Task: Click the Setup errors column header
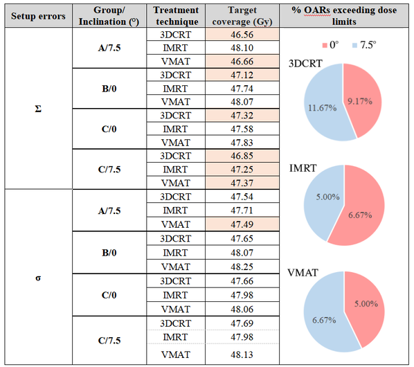(x=38, y=16)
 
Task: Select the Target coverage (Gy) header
(x=242, y=16)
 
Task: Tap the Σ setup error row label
(x=38, y=109)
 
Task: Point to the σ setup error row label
(x=38, y=278)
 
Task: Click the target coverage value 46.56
(x=242, y=35)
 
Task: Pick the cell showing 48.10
(x=242, y=48)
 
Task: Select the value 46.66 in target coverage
(x=242, y=62)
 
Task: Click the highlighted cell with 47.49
(x=242, y=224)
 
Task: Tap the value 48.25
(x=242, y=267)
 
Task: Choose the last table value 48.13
(x=242, y=355)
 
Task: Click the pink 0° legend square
(x=325, y=46)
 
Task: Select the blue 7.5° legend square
(x=355, y=46)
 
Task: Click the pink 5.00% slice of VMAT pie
(x=366, y=303)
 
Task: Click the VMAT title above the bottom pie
(x=303, y=273)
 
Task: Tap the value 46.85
(x=242, y=156)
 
